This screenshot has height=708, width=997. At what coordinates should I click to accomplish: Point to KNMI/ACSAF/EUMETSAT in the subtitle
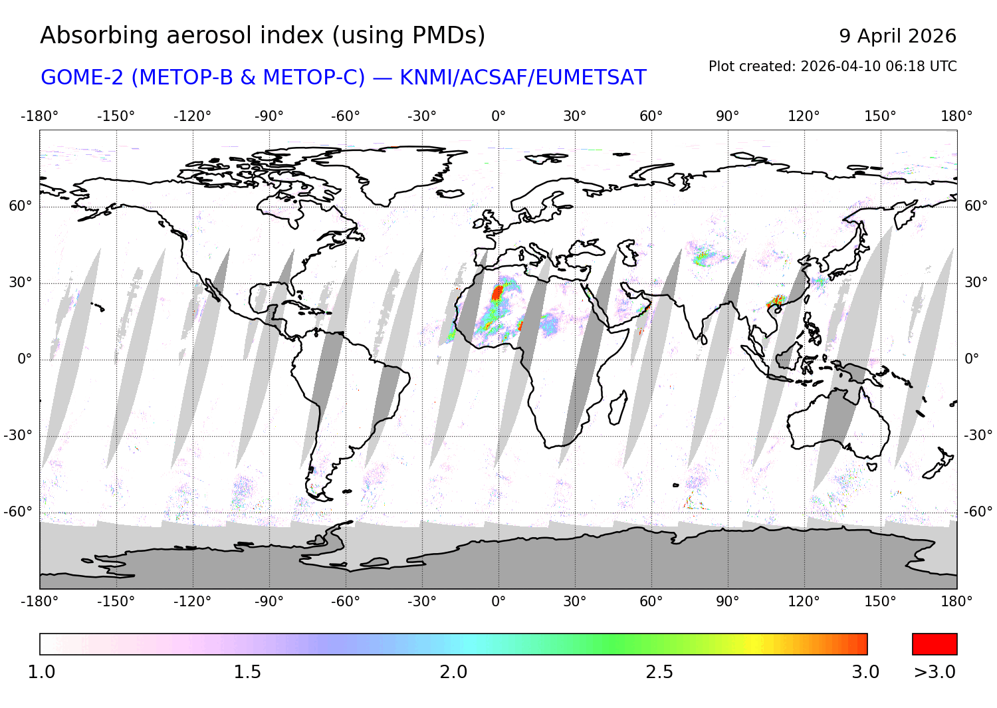(x=522, y=78)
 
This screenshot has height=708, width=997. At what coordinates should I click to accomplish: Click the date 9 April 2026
(x=897, y=36)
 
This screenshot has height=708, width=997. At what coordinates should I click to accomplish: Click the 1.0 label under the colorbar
(x=41, y=672)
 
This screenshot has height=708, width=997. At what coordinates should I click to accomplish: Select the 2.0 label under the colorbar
(x=453, y=672)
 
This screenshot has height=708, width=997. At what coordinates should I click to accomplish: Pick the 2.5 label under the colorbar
(x=659, y=672)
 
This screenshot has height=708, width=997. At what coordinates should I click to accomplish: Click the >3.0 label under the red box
(x=935, y=672)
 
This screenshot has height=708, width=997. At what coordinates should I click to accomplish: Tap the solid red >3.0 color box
(x=935, y=644)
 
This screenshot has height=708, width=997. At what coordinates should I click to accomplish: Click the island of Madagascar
(x=617, y=408)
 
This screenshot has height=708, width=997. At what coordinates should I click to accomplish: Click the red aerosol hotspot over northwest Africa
(x=497, y=293)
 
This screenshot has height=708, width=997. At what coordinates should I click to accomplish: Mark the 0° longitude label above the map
(x=498, y=116)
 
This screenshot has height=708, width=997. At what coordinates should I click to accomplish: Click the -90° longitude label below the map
(x=269, y=602)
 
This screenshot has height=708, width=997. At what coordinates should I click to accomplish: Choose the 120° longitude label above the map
(x=804, y=116)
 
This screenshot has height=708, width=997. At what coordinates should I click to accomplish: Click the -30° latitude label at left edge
(x=19, y=435)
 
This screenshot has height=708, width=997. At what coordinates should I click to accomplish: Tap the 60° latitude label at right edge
(x=976, y=206)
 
